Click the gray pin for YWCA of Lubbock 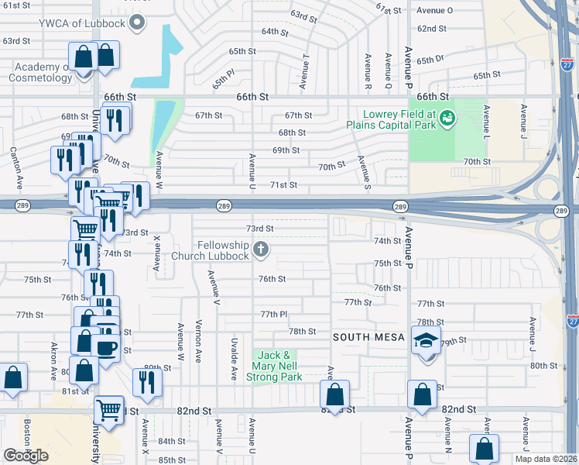click(x=138, y=22)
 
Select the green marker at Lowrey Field click(x=447, y=119)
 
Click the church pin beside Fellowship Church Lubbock click(x=262, y=250)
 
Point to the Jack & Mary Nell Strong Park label click(x=274, y=366)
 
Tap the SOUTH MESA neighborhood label click(x=368, y=337)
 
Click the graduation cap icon click(x=425, y=339)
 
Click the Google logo click(x=26, y=455)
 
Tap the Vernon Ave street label click(x=199, y=341)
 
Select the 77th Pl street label click(x=274, y=314)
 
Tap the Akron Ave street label click(x=54, y=357)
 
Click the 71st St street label click(x=283, y=184)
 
